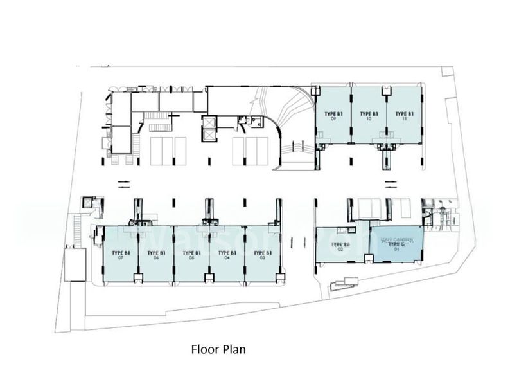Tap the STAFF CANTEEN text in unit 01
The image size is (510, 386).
pos(397,240)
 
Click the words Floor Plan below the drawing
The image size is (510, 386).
pos(218,350)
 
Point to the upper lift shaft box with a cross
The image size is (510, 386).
pos(208,122)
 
